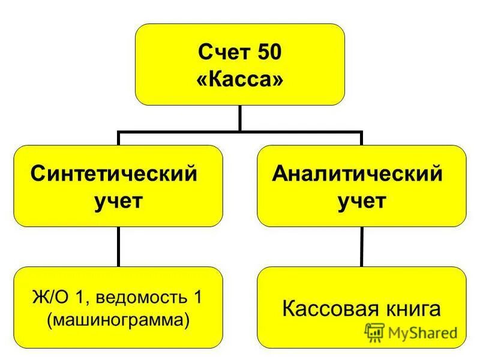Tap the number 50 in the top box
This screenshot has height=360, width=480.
tap(267, 55)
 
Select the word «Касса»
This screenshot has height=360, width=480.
tap(240, 80)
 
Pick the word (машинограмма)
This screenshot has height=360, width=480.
tap(118, 319)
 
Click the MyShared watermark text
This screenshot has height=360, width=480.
tap(422, 332)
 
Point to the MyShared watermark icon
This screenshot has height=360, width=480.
tap(374, 332)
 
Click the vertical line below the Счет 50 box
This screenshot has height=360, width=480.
tap(240, 118)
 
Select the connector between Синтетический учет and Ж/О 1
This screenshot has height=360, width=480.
tap(118, 246)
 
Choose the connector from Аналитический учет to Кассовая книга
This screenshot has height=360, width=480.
tap(361, 246)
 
